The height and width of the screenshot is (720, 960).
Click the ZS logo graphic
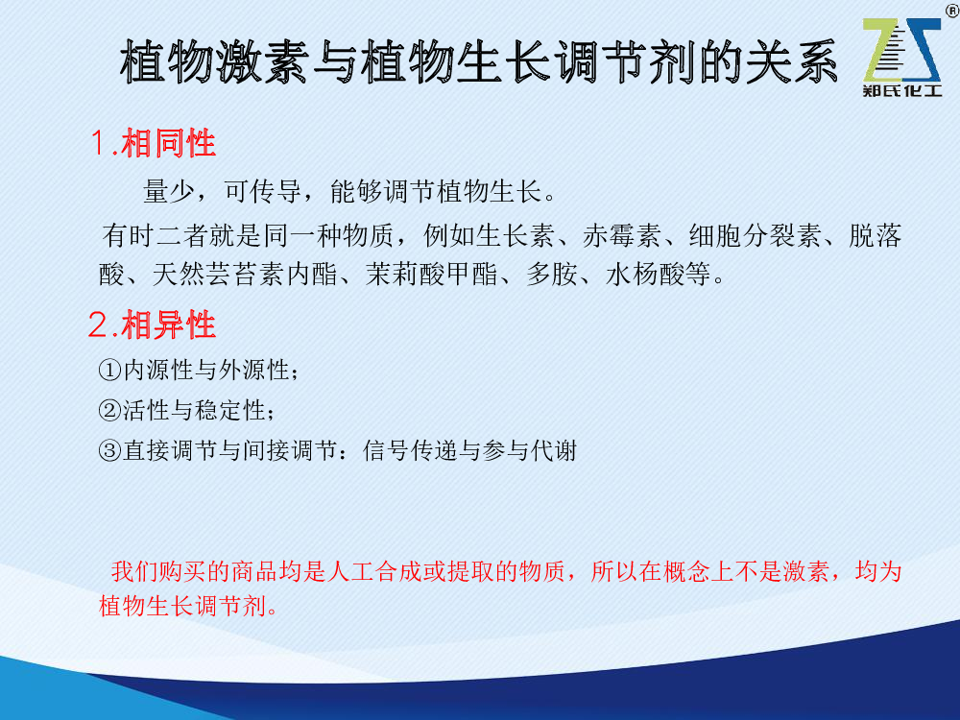point(901,50)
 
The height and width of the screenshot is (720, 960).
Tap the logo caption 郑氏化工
point(901,90)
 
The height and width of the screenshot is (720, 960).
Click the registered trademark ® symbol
point(952,11)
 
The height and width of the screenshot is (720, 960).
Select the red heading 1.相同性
point(153,143)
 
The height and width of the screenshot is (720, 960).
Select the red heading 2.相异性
point(152,324)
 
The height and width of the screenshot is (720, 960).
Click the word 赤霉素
point(621,236)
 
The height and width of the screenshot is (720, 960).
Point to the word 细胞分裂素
point(755,236)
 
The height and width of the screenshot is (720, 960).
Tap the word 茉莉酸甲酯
point(432,274)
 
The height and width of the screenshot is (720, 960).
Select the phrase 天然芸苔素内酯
point(245,274)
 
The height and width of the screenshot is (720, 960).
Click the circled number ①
point(109,370)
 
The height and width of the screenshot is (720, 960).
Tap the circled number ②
point(109,410)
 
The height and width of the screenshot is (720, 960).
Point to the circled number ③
point(109,450)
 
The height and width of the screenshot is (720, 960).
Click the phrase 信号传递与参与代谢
point(470,450)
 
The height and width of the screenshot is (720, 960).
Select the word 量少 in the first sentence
point(169,191)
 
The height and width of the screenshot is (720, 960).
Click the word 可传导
point(263,191)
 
